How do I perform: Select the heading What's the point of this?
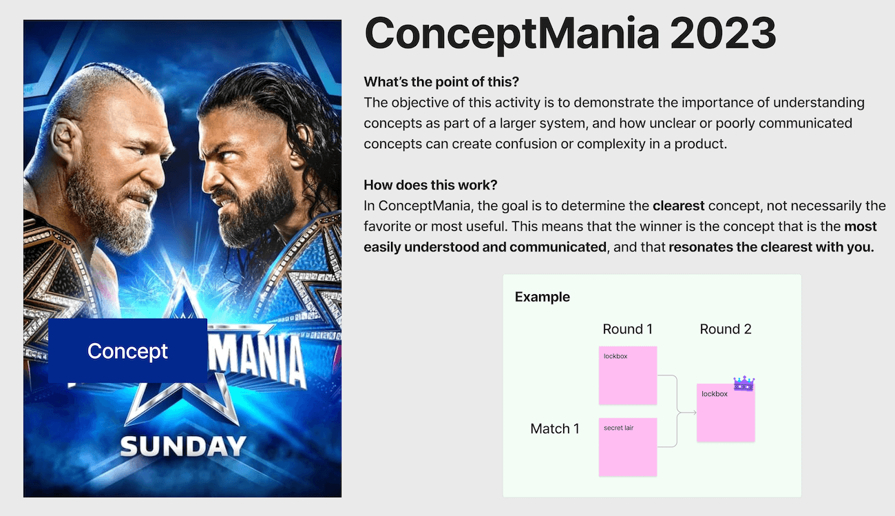(441, 82)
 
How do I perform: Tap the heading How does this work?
(430, 185)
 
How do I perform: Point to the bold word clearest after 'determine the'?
(678, 205)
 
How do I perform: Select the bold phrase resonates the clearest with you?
(770, 247)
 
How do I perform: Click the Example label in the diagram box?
(543, 297)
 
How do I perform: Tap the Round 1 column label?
(627, 329)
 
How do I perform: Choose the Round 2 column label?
(726, 329)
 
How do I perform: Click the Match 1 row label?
(555, 429)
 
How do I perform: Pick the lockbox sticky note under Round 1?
(627, 375)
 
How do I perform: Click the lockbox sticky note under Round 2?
(725, 413)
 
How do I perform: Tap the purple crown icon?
(744, 383)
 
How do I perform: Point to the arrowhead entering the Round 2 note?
(693, 412)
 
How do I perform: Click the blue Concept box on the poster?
(127, 351)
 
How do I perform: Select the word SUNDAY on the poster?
(183, 446)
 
